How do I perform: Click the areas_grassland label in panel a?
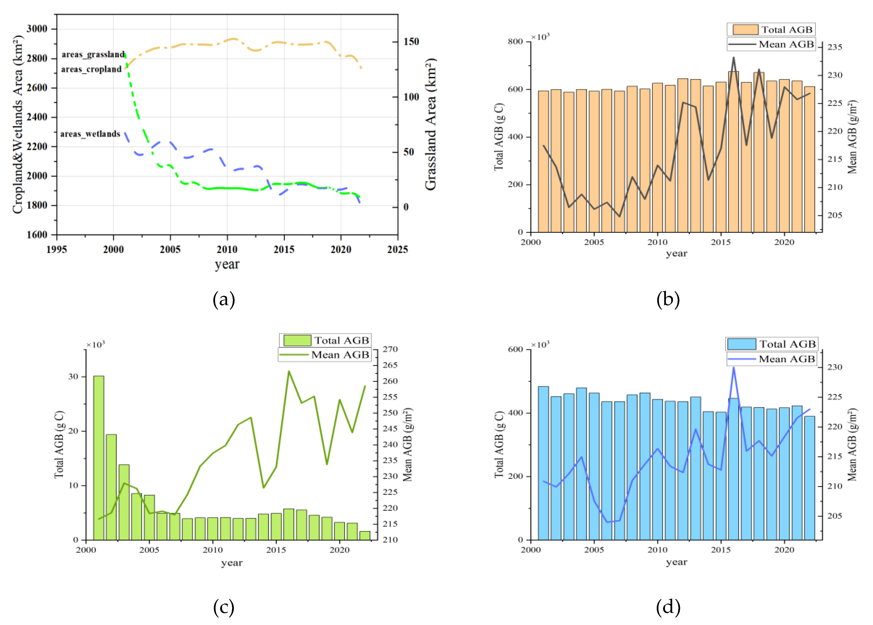93,54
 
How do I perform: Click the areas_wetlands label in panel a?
90,134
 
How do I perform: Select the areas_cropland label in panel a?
91,69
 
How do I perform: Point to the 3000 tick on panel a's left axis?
37,29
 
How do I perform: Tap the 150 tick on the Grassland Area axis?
411,41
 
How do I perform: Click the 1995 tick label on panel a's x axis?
56,250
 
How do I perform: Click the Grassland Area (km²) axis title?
431,124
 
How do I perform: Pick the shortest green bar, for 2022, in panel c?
364,535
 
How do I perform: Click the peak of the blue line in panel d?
733,367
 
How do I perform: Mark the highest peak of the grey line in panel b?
733,58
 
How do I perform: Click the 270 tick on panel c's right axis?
390,349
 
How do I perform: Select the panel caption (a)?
224,299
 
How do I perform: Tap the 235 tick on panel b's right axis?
835,47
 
